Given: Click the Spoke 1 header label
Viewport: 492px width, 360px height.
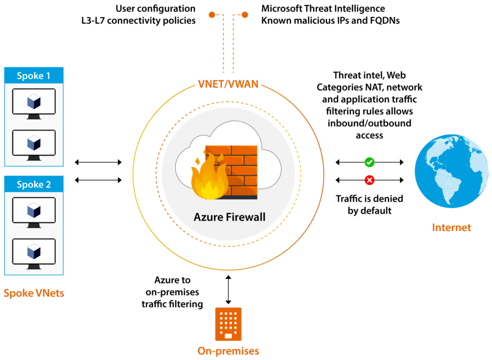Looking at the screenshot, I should click(x=34, y=76).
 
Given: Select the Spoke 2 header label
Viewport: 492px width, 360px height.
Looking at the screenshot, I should click(x=34, y=184).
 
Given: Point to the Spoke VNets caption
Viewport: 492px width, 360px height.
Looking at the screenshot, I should click(x=34, y=293).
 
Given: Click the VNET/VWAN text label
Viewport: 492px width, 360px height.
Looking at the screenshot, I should click(x=228, y=84).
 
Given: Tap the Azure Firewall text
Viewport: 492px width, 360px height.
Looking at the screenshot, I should click(x=229, y=217).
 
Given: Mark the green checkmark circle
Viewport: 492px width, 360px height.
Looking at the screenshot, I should click(x=370, y=162).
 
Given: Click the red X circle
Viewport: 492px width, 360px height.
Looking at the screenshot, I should click(x=370, y=180).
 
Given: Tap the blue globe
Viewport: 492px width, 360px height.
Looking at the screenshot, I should click(x=451, y=171).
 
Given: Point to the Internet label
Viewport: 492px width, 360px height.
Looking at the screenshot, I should click(x=451, y=227).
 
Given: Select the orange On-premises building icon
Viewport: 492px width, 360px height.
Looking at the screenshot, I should click(x=228, y=324).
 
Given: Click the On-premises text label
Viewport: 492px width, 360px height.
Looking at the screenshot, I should click(x=228, y=350).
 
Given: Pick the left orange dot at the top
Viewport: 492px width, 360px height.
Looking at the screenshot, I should click(x=212, y=15).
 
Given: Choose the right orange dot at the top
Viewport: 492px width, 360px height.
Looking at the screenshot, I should click(x=245, y=15).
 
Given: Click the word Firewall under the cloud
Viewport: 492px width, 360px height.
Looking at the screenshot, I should click(x=245, y=217).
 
